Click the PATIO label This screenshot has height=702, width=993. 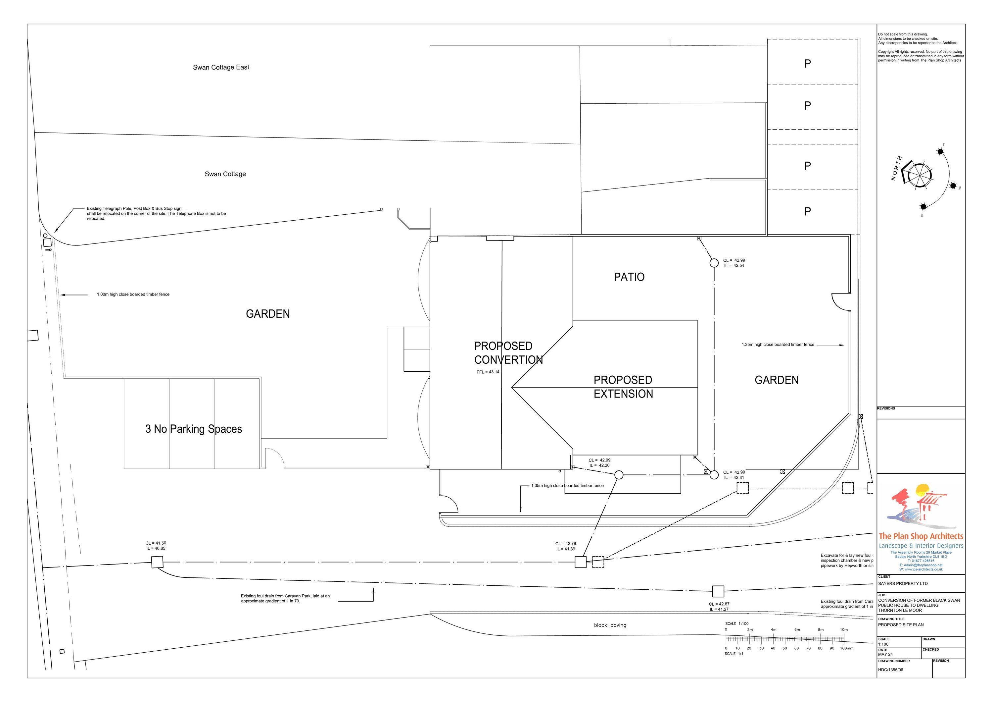tap(629, 277)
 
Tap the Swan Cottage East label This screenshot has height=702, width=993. tap(221, 67)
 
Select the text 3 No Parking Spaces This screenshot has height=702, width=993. tap(193, 429)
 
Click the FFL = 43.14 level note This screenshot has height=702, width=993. tap(488, 372)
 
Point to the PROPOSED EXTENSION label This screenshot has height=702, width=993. tap(623, 387)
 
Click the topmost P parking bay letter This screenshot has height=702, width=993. tap(807, 64)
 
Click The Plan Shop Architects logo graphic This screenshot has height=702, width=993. tap(920, 507)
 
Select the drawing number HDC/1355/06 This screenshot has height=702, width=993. tap(890, 670)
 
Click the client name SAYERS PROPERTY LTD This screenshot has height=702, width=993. tap(903, 583)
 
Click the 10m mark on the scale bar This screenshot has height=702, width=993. tap(844, 630)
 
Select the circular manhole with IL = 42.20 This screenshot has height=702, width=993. tap(619, 475)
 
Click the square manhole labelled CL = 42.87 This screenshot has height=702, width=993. tap(718, 591)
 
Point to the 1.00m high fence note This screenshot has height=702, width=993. tap(133, 294)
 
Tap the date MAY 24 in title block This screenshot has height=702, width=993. tap(885, 654)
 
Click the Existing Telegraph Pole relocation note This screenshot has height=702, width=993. tap(156, 213)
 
